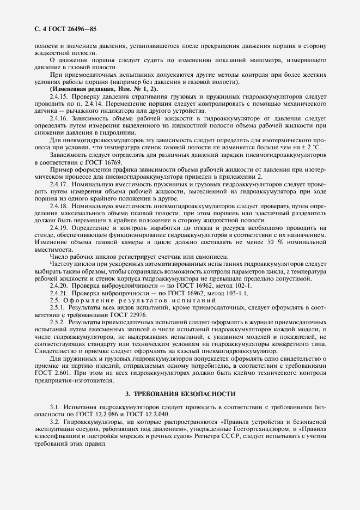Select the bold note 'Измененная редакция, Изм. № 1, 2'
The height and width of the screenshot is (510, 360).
104,89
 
